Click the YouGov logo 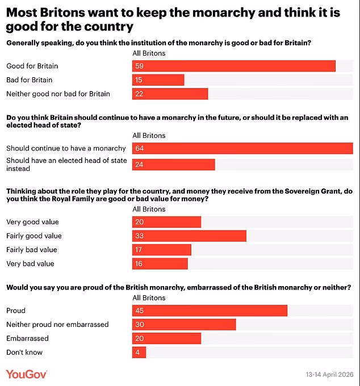[x=27, y=374]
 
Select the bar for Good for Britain [x=233, y=66]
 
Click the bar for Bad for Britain [x=158, y=80]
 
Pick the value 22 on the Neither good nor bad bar [x=139, y=94]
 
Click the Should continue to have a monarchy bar [x=242, y=149]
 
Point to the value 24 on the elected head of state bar [x=139, y=165]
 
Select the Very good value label [x=32, y=222]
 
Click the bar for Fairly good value [x=189, y=236]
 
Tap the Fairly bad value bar [x=161, y=250]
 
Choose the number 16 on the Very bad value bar [x=139, y=264]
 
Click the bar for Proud [x=210, y=311]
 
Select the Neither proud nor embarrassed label [x=57, y=325]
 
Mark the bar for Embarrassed [x=166, y=338]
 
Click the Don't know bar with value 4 [x=139, y=353]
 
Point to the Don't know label [x=24, y=353]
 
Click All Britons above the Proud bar [x=149, y=298]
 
